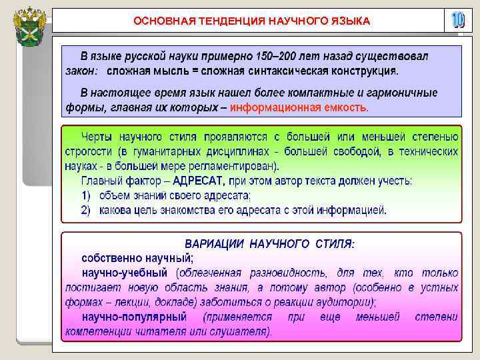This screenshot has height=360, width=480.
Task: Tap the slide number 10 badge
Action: tap(457, 21)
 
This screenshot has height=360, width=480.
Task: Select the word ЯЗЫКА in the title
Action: tap(350, 21)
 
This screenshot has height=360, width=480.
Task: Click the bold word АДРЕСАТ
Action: tap(199, 180)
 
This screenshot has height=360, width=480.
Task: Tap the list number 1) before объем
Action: tap(86, 195)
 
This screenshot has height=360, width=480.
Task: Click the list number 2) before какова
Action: tap(86, 210)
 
